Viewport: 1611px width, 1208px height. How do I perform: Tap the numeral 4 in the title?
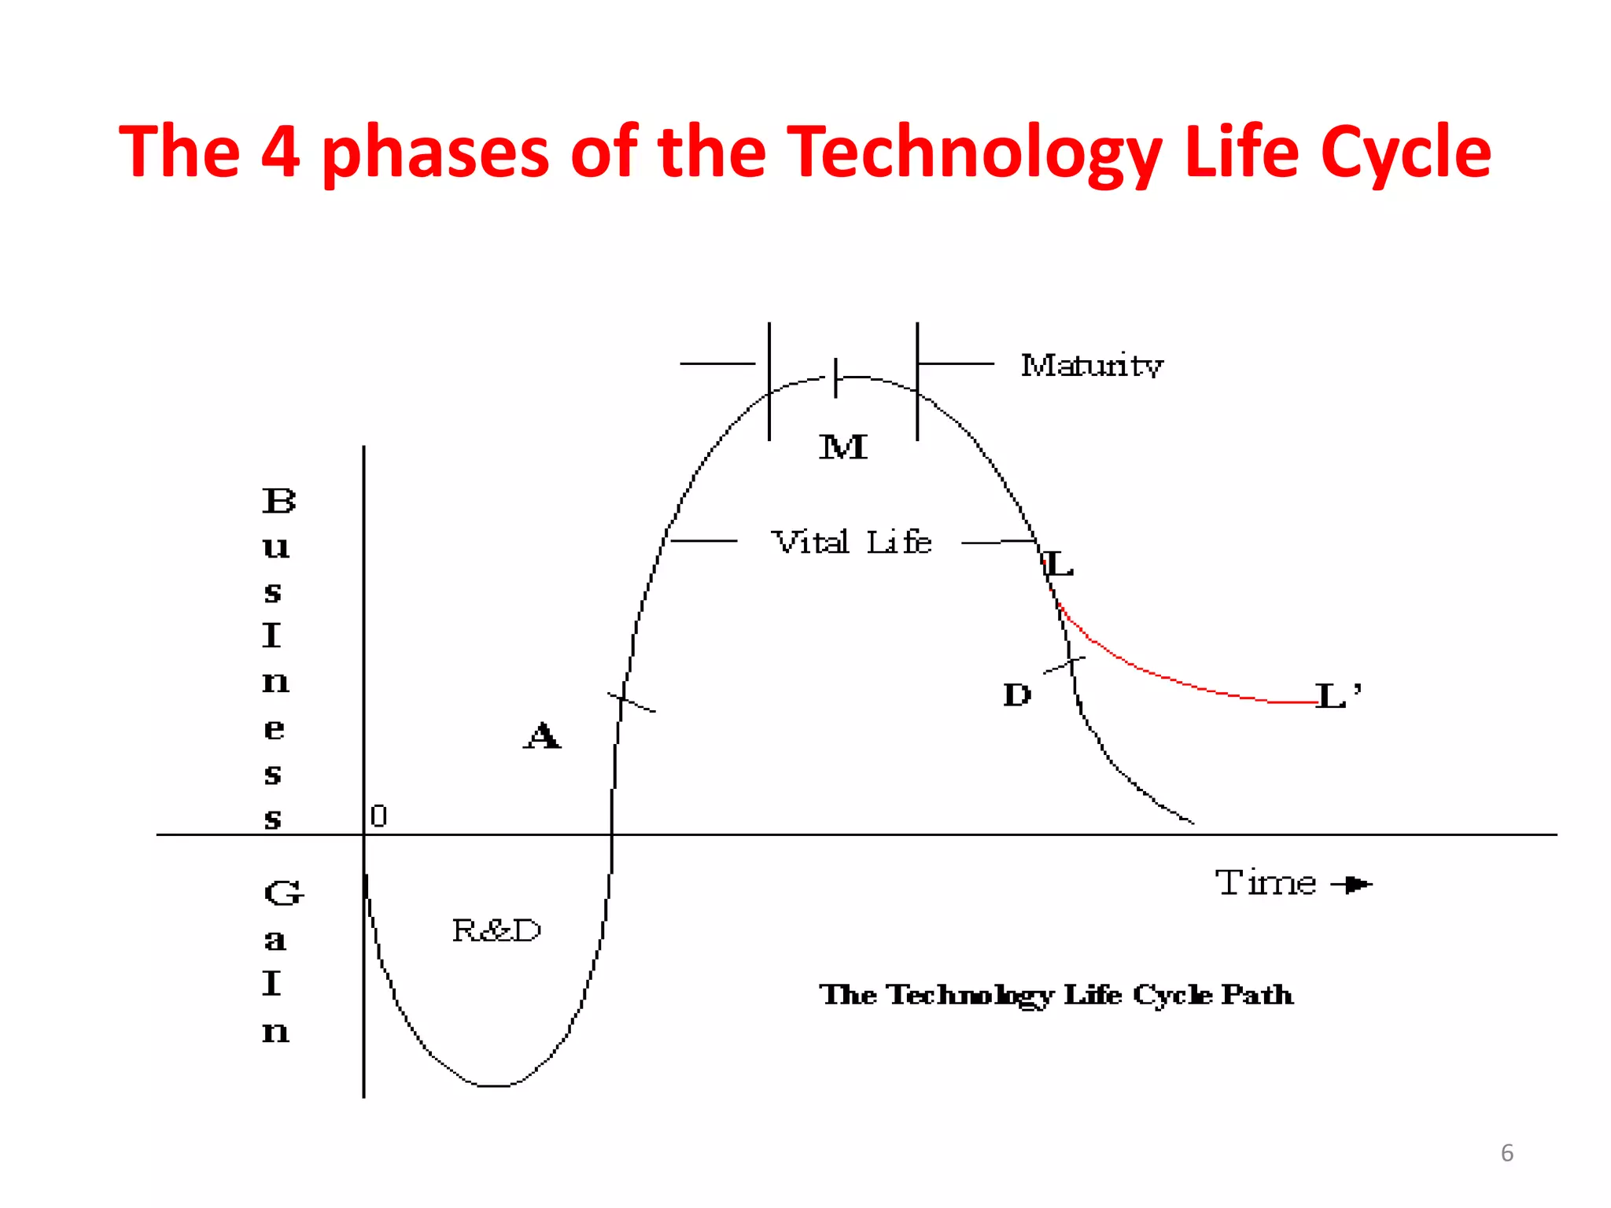tap(281, 152)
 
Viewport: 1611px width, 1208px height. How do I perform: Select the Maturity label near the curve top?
tap(1091, 366)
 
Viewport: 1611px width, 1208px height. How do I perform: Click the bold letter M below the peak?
tap(843, 447)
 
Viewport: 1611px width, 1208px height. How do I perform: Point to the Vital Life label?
tap(851, 543)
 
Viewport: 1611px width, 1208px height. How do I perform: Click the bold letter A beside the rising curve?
tap(542, 736)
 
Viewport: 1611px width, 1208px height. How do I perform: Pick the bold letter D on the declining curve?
tap(1016, 694)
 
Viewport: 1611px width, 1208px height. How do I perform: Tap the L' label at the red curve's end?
tap(1337, 696)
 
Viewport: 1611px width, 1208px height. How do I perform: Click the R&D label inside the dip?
tap(496, 930)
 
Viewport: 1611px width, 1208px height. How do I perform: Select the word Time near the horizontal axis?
tap(1265, 882)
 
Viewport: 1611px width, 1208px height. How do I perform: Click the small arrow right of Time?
tap(1352, 885)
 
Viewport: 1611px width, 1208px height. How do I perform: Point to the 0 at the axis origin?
tap(378, 816)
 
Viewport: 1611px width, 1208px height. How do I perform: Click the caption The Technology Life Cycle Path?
tap(1056, 995)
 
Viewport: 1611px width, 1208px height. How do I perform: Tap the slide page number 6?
tap(1506, 1153)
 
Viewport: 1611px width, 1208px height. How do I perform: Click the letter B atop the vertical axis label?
tap(278, 501)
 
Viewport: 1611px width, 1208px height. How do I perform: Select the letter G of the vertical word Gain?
tap(282, 893)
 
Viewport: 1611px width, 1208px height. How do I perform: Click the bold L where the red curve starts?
tap(1059, 564)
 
